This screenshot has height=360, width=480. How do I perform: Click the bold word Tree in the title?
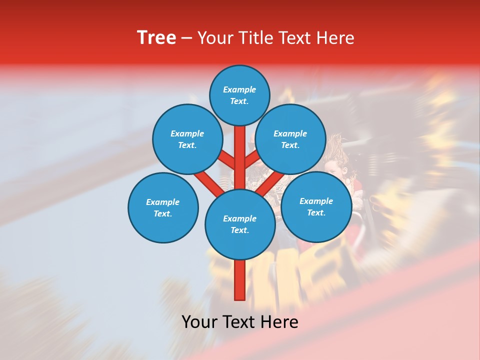click(156, 37)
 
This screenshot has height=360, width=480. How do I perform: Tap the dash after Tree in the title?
click(186, 38)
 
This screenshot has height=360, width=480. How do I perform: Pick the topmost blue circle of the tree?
click(239, 95)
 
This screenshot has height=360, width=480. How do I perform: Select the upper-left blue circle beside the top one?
click(187, 139)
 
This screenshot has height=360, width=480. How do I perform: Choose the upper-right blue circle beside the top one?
click(290, 139)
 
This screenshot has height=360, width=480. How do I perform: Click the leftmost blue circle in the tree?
click(163, 207)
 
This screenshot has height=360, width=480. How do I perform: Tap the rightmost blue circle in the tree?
click(316, 206)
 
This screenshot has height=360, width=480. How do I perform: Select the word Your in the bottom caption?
click(200, 322)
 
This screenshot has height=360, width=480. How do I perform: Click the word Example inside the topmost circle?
click(239, 89)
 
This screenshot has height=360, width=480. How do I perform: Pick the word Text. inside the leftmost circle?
click(162, 213)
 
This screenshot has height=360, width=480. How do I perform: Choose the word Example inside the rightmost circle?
click(316, 201)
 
